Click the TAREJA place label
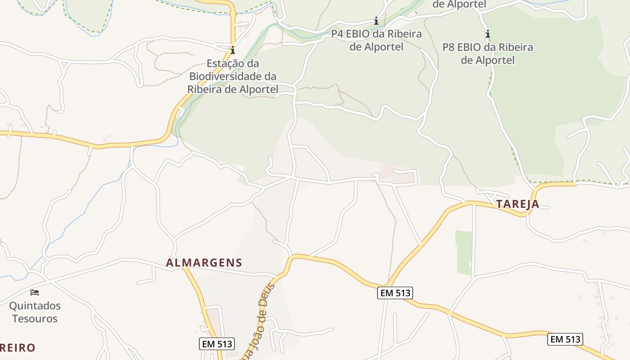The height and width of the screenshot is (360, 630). coord(517,204)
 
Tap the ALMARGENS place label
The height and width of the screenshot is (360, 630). coord(204,263)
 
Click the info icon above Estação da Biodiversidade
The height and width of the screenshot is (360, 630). coord(233,50)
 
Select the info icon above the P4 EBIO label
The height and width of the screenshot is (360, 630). coord(376,21)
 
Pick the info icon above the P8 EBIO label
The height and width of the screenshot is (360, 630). coord(487,34)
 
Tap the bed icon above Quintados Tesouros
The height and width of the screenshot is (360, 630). coord(35,292)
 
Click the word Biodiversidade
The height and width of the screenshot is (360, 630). coord(233,76)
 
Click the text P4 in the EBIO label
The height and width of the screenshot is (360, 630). coord(337,34)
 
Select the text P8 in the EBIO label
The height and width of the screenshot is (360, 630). coord(449,47)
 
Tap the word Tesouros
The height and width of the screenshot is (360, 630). coord(35,319)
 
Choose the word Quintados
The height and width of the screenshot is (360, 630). coord(35,306)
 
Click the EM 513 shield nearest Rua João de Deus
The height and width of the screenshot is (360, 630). coord(217,344)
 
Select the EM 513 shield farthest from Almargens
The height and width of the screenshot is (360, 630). coord(565,339)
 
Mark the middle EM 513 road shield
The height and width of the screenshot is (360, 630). coord(395,293)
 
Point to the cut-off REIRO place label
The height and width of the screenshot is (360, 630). coord(17,347)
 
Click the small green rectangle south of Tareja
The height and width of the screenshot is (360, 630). coord(464,252)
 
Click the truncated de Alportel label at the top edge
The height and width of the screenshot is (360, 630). coord(459,4)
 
